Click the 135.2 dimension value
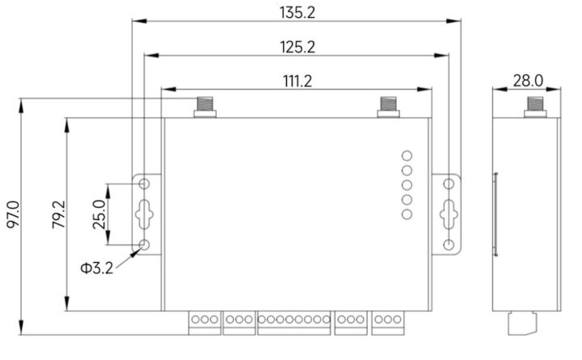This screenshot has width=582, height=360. pyautogui.click(x=292, y=12)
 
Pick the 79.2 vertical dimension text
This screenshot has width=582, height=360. pyautogui.click(x=57, y=216)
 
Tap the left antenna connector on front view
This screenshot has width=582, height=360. pyautogui.click(x=205, y=107)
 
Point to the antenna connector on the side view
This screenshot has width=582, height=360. pyautogui.click(x=533, y=107)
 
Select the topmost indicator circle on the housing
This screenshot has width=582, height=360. pyautogui.click(x=407, y=156)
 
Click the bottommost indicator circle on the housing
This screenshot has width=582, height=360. pyautogui.click(x=407, y=214)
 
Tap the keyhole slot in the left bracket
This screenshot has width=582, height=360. pyautogui.click(x=146, y=213)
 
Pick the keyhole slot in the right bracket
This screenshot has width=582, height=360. pyautogui.click(x=448, y=214)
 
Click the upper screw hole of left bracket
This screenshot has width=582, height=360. pyautogui.click(x=146, y=184)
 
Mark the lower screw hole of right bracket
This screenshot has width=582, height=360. pyautogui.click(x=449, y=244)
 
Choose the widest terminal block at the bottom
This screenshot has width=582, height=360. pyautogui.click(x=293, y=321)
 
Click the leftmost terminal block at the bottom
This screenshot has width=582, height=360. pyautogui.click(x=205, y=321)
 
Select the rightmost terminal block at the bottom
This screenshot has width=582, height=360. pyautogui.click(x=388, y=321)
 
